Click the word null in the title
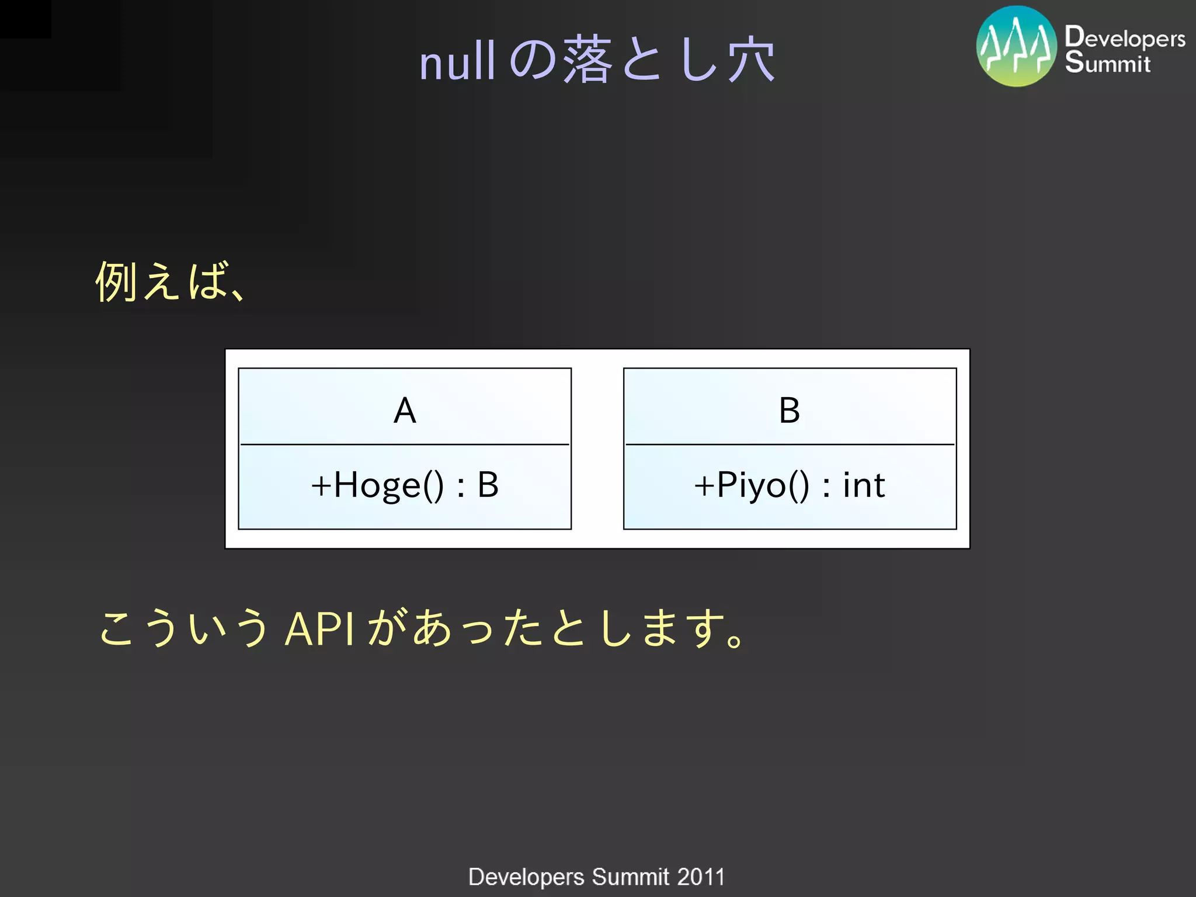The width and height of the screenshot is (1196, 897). point(457,62)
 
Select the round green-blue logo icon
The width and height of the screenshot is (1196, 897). point(1016,46)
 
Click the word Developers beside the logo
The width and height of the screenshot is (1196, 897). point(1125,38)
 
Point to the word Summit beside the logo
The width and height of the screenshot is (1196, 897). point(1107,63)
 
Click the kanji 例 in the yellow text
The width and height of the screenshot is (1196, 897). point(116,282)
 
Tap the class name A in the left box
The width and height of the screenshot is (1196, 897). point(405,411)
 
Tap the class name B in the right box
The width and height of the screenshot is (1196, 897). point(790,411)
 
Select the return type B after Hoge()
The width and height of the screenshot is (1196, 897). point(488,485)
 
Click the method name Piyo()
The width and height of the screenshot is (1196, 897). point(763,485)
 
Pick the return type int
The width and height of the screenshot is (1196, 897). point(864,485)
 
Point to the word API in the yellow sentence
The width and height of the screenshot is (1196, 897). point(319,630)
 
